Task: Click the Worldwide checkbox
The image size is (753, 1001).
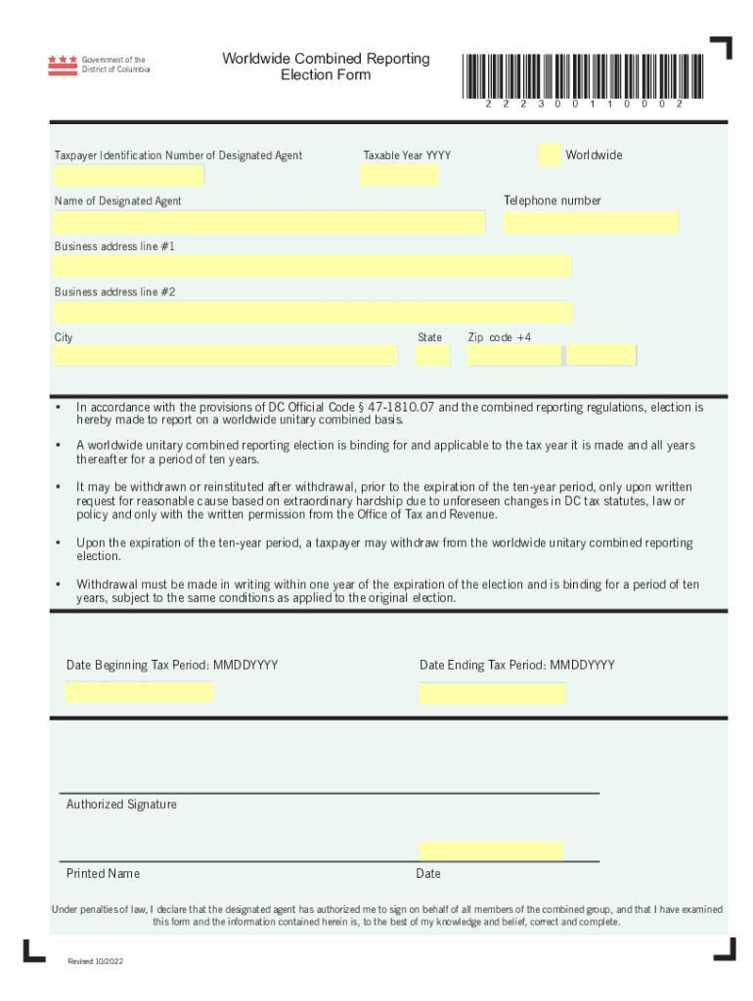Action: (x=550, y=154)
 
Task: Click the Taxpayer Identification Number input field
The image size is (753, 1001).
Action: (x=128, y=176)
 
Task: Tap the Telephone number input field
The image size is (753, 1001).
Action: (x=591, y=222)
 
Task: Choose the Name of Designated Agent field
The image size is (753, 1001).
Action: (x=269, y=222)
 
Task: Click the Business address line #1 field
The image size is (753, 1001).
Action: (x=312, y=266)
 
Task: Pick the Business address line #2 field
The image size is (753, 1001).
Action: (x=312, y=312)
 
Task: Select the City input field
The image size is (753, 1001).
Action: (x=225, y=355)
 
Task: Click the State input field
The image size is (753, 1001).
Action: (x=431, y=355)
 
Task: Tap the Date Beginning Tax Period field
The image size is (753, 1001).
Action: (x=139, y=692)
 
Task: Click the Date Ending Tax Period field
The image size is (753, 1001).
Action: (x=492, y=692)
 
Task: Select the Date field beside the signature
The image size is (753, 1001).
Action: (x=490, y=850)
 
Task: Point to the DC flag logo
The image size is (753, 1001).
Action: (x=62, y=65)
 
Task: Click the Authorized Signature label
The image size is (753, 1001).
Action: (x=121, y=805)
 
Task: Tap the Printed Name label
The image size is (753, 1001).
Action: (x=103, y=873)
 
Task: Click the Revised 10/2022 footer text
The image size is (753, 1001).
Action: (x=96, y=962)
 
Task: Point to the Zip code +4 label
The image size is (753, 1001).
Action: (x=500, y=337)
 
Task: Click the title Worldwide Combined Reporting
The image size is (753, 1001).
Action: (x=326, y=59)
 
